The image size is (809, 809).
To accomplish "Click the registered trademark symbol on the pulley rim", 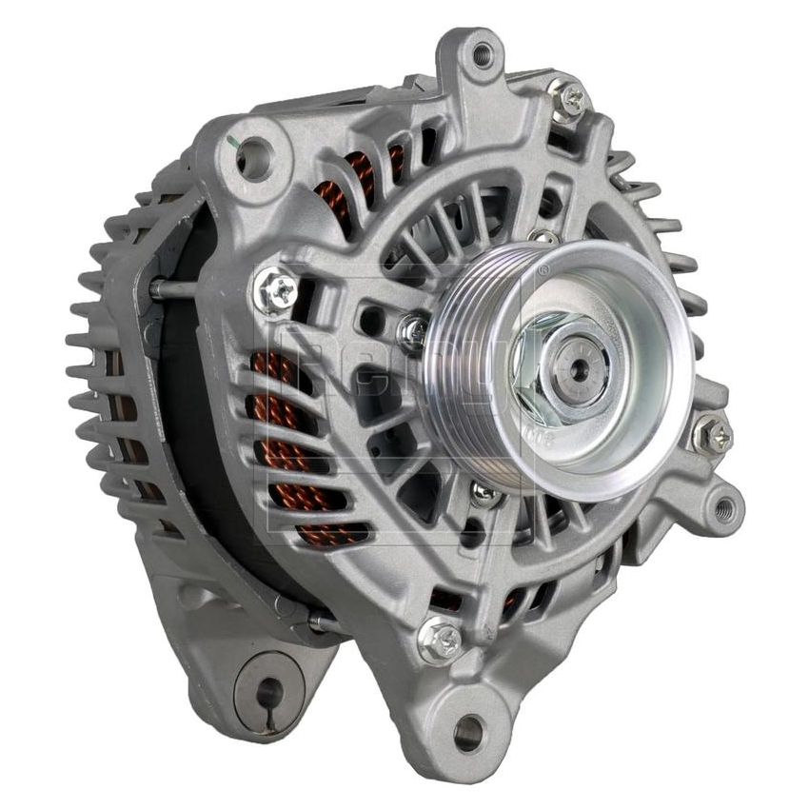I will [543, 269].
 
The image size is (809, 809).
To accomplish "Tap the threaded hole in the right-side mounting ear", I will [724, 508].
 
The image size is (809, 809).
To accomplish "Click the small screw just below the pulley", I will [484, 493].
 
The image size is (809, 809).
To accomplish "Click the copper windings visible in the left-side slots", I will [286, 419].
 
